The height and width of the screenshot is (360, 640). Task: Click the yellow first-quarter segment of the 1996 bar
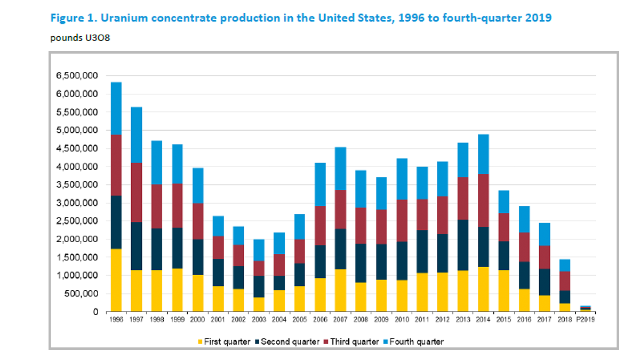tap(116, 281)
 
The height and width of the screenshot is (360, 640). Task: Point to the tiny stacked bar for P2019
tap(585, 308)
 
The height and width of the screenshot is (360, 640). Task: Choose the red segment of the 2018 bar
tap(564, 281)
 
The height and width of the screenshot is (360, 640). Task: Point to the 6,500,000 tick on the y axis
tap(76, 76)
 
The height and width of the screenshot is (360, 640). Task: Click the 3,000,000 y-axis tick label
tap(76, 203)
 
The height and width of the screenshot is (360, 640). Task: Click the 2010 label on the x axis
tap(401, 320)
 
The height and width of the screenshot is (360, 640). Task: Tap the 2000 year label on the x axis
tap(198, 320)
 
